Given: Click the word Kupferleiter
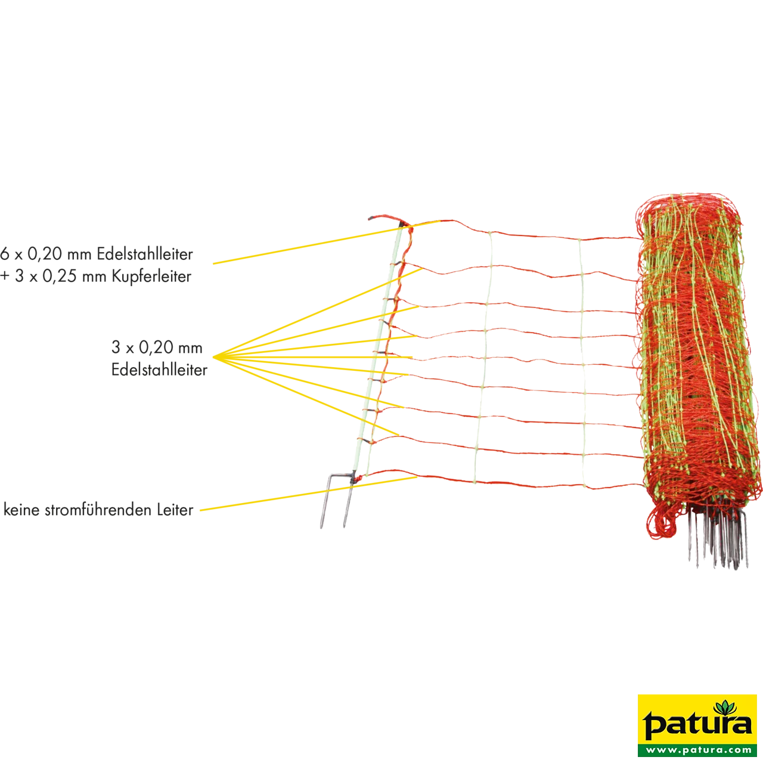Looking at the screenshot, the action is point(151,276).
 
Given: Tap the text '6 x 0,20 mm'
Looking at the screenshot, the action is point(45,254).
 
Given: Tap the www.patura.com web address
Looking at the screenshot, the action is point(697,749).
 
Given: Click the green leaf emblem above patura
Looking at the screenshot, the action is point(725,709).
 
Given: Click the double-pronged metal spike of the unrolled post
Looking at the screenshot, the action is point(337,501).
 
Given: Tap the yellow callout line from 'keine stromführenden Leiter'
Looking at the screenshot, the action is point(308,494).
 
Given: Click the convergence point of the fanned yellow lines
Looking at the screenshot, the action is point(214,357).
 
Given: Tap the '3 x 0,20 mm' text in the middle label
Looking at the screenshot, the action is point(157,348).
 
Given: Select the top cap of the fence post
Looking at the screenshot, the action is point(386,219).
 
